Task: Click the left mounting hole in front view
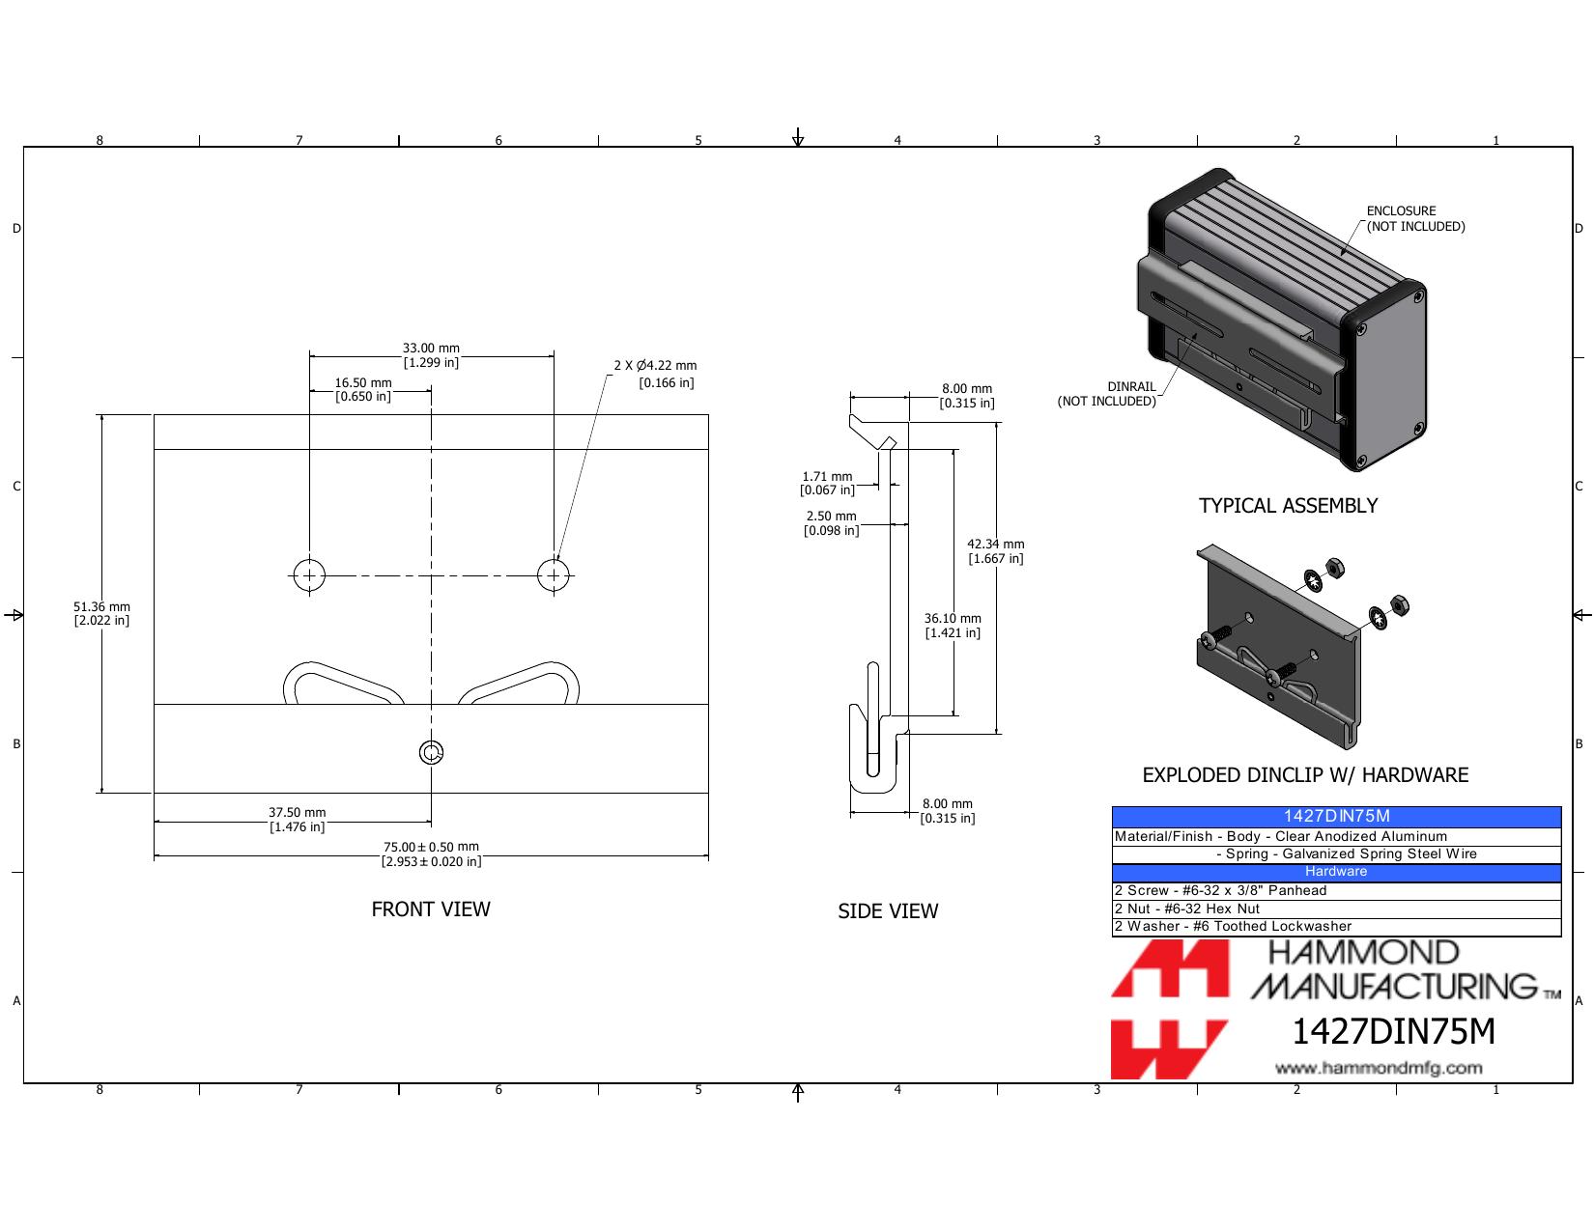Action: coord(309,575)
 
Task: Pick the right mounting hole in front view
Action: coord(554,575)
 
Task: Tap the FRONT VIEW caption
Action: coord(431,909)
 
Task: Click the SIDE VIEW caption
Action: coord(888,910)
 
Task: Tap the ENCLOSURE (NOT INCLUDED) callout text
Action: coord(1415,218)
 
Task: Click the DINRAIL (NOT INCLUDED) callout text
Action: coord(1106,394)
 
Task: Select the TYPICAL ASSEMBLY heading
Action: coord(1288,506)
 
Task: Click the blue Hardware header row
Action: coord(1336,872)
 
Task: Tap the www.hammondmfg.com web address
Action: coord(1379,1068)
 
